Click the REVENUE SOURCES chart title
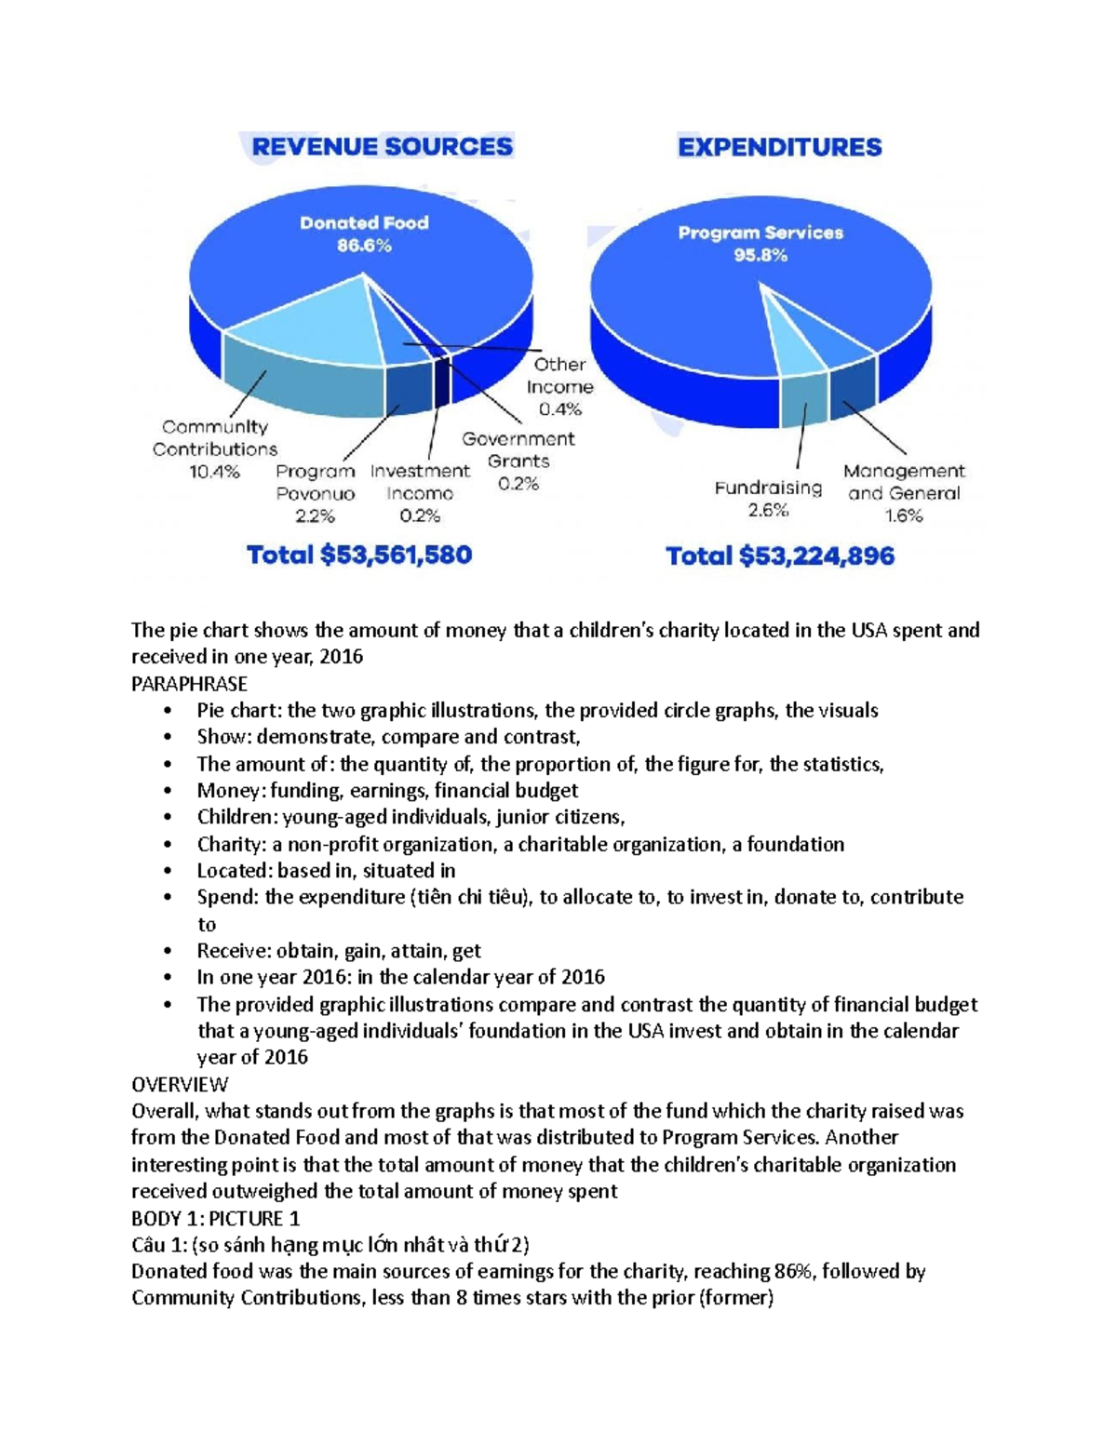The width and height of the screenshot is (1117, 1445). click(x=382, y=147)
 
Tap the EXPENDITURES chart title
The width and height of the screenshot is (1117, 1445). click(x=779, y=147)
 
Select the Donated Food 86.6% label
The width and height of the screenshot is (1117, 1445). click(x=364, y=234)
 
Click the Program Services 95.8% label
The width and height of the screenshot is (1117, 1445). click(x=760, y=244)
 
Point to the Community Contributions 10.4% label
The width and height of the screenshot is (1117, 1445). click(x=215, y=449)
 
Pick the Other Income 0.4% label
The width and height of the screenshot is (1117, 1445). click(x=559, y=387)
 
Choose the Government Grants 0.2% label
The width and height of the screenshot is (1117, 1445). click(x=518, y=462)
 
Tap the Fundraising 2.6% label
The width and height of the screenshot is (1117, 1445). click(x=768, y=499)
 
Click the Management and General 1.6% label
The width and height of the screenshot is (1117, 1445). click(x=904, y=494)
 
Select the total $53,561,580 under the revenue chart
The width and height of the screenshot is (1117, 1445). click(x=359, y=555)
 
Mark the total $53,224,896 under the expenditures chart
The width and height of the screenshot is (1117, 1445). click(x=780, y=556)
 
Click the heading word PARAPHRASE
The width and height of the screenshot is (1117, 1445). click(x=189, y=684)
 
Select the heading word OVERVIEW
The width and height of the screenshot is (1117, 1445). click(x=180, y=1084)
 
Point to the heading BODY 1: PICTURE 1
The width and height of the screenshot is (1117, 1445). click(x=215, y=1218)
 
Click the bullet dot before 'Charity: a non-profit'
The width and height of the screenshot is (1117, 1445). click(x=168, y=845)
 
